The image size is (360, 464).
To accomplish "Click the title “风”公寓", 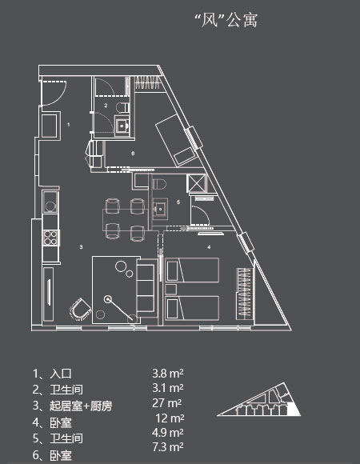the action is (x=226, y=21).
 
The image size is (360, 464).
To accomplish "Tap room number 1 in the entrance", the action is (x=68, y=125).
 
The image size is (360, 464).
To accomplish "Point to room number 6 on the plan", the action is (x=133, y=154).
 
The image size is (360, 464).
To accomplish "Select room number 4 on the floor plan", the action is (x=209, y=246).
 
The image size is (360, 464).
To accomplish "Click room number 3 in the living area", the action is (x=81, y=246).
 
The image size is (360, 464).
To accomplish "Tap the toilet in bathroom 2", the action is (x=122, y=107).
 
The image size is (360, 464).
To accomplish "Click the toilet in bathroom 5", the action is (x=159, y=184).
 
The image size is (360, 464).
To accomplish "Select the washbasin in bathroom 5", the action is (x=160, y=208).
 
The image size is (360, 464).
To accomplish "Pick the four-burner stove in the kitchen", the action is (x=50, y=238).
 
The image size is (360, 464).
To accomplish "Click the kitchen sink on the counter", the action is (x=50, y=202).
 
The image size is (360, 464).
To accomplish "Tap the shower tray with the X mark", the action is (x=196, y=183).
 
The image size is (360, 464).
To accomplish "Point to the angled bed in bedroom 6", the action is (x=176, y=140).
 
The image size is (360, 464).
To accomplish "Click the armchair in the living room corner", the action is (x=80, y=310).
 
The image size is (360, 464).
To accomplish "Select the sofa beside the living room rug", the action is (x=146, y=288).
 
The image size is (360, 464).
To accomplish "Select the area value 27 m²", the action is (x=167, y=403).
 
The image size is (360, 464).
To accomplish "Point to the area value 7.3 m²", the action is (x=168, y=447).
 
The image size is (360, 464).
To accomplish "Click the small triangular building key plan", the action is (x=259, y=399).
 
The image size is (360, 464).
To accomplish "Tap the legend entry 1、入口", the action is (x=52, y=374).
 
